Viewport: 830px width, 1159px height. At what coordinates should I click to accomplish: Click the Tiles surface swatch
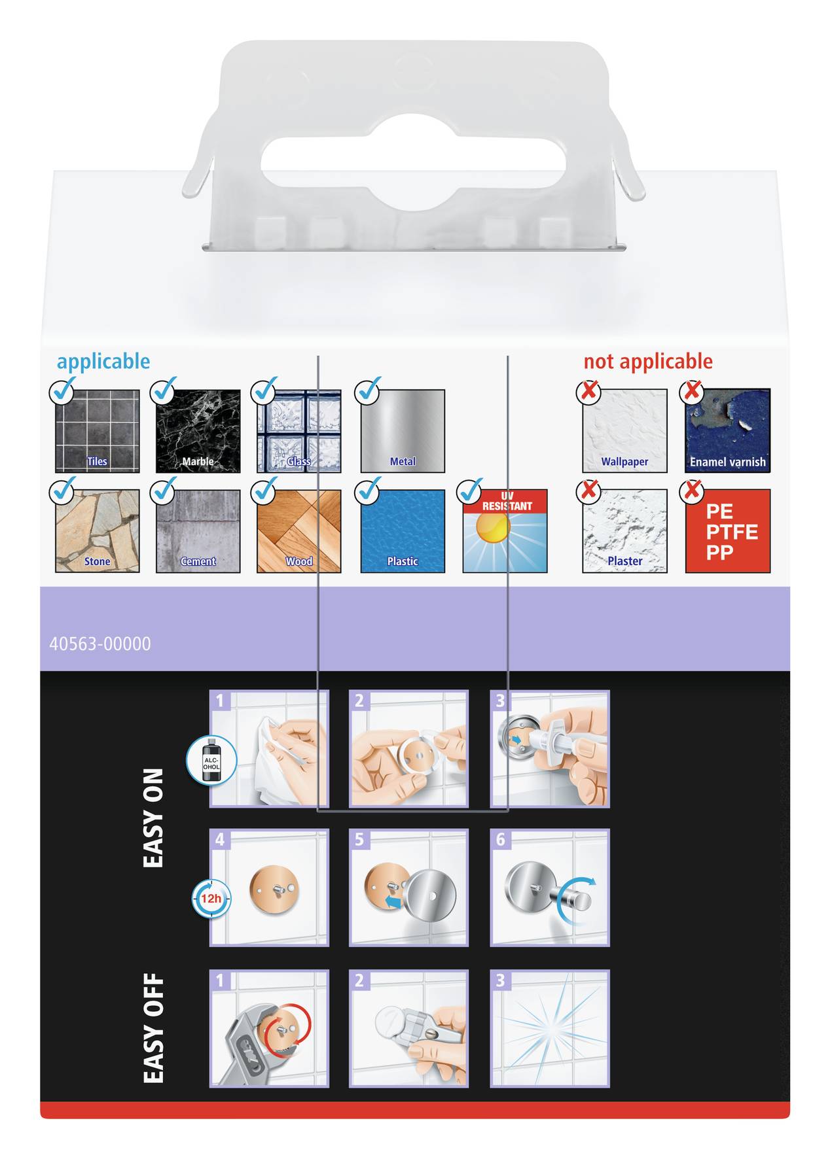tap(97, 431)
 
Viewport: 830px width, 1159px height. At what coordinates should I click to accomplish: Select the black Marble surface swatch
tap(198, 431)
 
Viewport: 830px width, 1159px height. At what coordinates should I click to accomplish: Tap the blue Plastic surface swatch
tap(403, 531)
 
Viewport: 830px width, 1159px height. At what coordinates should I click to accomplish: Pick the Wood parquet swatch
tap(298, 531)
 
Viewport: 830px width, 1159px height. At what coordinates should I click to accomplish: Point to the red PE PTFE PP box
tap(727, 531)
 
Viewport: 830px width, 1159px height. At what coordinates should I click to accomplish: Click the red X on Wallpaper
tap(588, 391)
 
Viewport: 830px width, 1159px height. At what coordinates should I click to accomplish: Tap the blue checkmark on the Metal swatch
tap(368, 390)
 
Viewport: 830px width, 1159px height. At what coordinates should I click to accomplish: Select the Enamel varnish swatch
tap(727, 431)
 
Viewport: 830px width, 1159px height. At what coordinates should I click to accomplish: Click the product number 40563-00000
tap(100, 644)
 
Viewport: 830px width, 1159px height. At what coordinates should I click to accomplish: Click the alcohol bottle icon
tap(211, 760)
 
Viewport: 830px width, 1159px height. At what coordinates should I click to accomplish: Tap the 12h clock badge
tap(211, 899)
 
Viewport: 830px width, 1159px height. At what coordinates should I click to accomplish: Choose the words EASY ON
tap(153, 818)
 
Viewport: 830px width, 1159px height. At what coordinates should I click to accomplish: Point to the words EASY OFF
tap(153, 1028)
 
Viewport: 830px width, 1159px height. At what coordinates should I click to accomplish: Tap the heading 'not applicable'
tap(647, 361)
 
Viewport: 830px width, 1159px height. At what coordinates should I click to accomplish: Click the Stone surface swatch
tap(97, 531)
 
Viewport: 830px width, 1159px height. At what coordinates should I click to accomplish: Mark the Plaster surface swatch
tap(624, 531)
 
